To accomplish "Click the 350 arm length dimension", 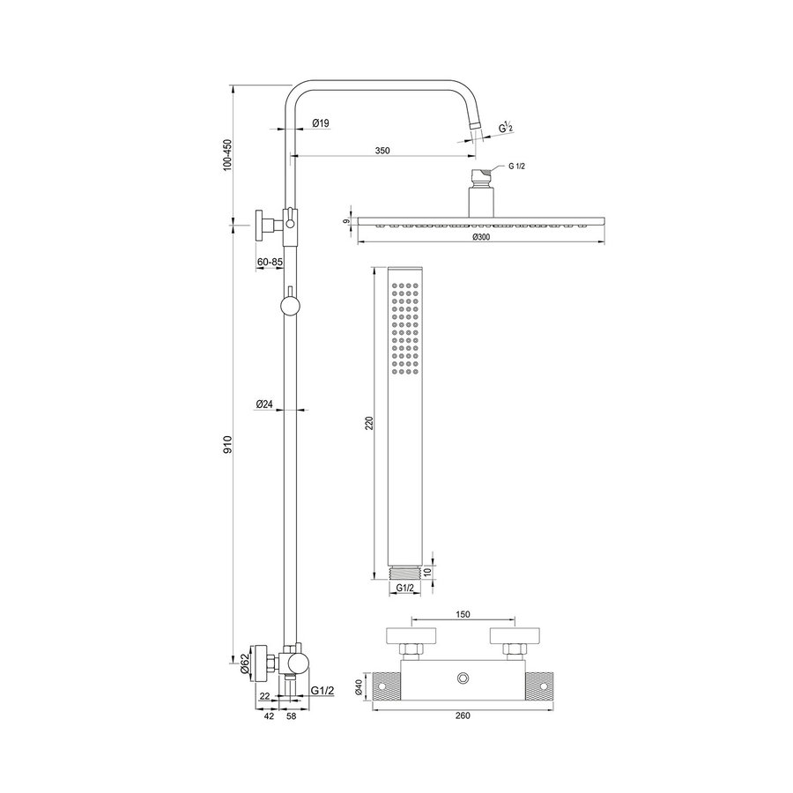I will (x=382, y=151).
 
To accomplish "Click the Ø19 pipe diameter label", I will (x=321, y=124).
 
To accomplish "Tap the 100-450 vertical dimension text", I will (x=226, y=154).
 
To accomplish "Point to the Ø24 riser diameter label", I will (x=263, y=404).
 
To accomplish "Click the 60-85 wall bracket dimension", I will (x=270, y=262).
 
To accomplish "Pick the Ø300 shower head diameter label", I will (x=481, y=238).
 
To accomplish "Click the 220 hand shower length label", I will (x=370, y=422).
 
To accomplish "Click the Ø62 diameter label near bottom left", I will (x=244, y=662).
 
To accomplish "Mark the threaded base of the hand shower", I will (x=404, y=573).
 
